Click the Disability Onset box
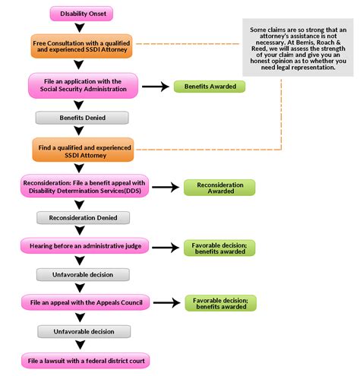point(81,13)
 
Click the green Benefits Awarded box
point(210,87)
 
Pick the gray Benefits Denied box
point(81,118)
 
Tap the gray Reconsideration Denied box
point(81,217)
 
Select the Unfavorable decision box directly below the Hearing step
point(81,273)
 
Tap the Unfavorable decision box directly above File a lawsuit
point(81,331)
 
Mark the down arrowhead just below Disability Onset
point(81,27)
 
